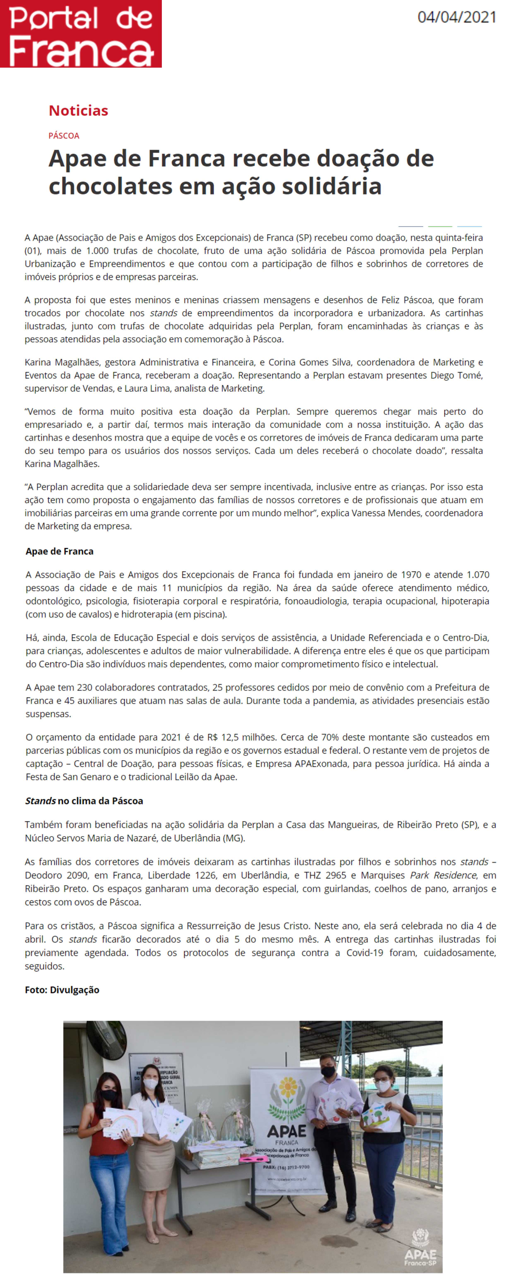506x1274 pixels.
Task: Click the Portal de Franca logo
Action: click(x=81, y=34)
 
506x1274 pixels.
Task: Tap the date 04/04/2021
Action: click(x=456, y=17)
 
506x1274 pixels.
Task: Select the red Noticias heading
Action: click(x=78, y=110)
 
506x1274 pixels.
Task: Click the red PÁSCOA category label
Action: click(x=64, y=135)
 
